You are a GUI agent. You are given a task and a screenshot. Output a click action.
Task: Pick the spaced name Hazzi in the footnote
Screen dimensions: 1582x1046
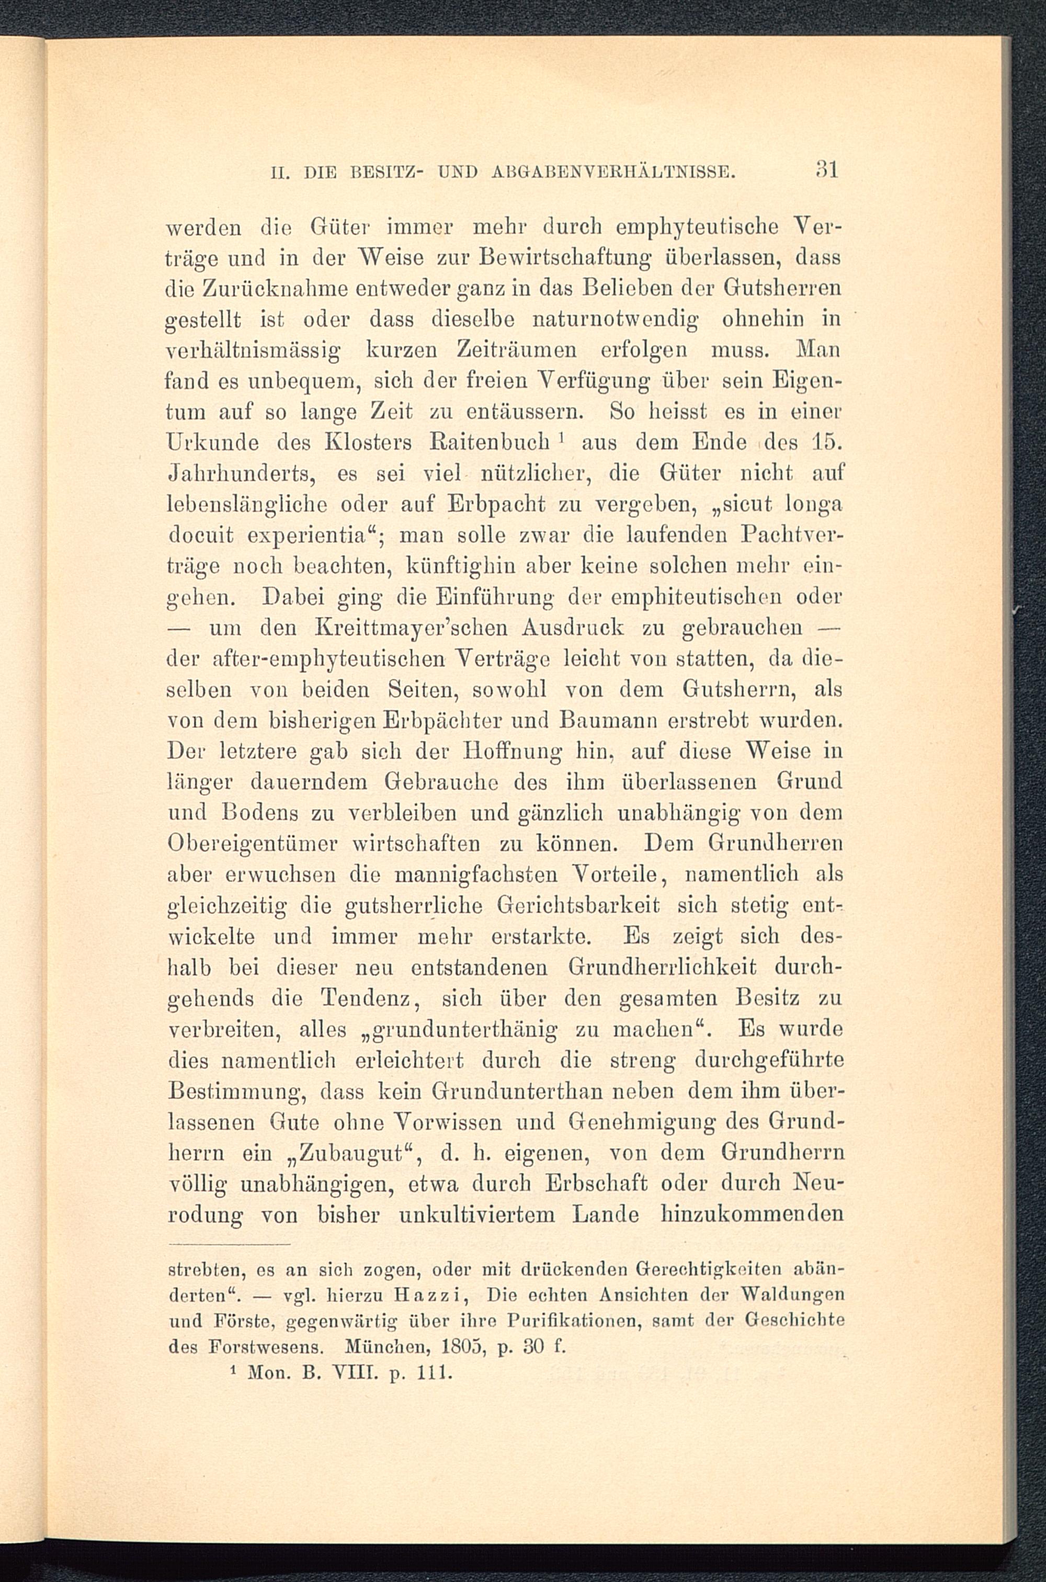pos(435,1296)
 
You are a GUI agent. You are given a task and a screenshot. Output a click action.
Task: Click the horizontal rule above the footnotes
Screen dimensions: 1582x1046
pos(230,1245)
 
